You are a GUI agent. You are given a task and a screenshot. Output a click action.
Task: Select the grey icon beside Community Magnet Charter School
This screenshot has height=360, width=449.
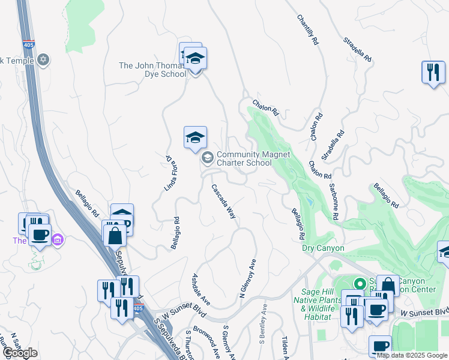coord(208,158)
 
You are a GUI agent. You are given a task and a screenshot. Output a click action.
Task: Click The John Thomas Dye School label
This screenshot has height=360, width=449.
coord(152,70)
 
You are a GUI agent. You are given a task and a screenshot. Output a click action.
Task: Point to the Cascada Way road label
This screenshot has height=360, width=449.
coord(223,201)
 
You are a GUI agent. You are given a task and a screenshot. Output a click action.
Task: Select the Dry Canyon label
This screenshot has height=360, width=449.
coord(323,248)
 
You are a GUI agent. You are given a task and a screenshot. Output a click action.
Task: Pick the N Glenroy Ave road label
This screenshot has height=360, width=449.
coord(247,278)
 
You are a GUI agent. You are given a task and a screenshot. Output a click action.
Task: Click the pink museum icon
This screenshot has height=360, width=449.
coord(58,241)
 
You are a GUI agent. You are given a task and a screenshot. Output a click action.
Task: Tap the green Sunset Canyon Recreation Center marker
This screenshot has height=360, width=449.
coord(360,284)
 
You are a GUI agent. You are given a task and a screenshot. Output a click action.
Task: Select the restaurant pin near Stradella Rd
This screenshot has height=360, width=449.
coord(432,73)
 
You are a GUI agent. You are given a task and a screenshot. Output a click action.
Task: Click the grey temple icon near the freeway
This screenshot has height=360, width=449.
coord(43,60)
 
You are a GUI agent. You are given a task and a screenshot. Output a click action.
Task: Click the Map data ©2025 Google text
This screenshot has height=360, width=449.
coord(411,355)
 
